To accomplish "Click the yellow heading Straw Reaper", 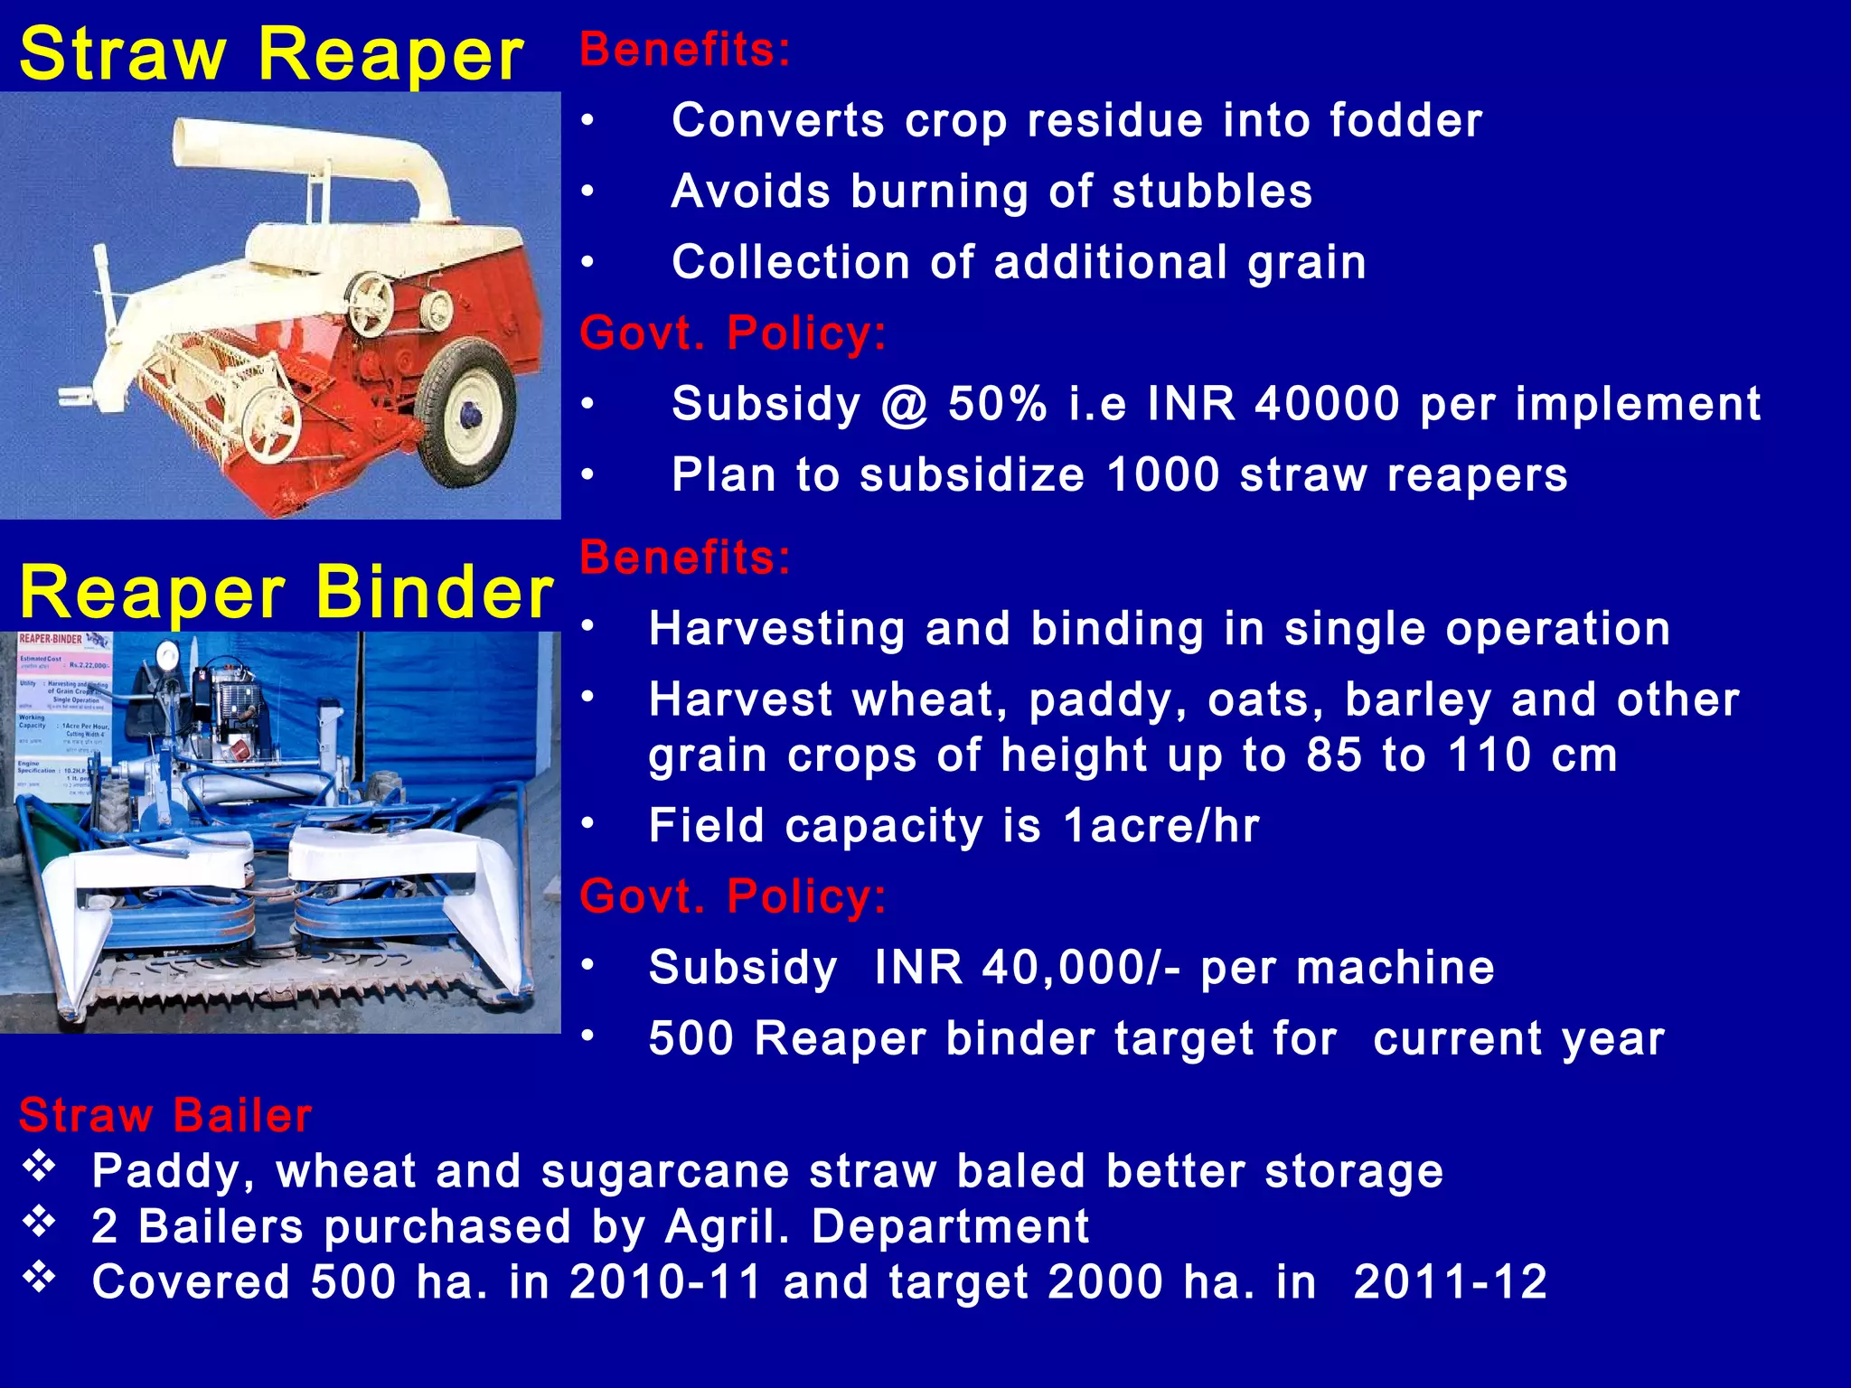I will coord(271,54).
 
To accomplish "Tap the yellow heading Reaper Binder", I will coord(287,593).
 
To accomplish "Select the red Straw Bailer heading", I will coord(165,1115).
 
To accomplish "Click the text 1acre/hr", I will coord(1160,825).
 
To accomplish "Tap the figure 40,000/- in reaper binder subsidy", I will coord(1081,967).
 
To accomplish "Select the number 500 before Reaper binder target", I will coord(691,1037).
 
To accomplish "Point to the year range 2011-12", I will coord(1450,1281).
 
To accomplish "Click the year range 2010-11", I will coord(666,1281).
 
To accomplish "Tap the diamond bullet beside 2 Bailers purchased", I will coord(40,1223).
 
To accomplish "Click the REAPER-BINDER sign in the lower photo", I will coord(52,639).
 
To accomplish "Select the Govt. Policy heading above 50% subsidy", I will coord(732,333).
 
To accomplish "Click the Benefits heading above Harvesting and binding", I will coord(684,557).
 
